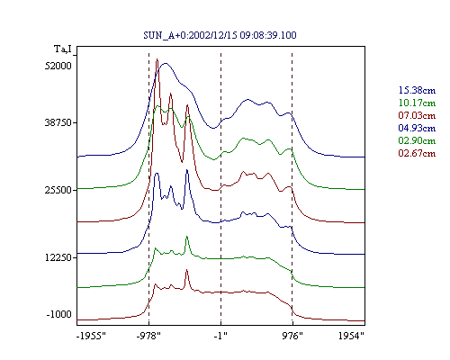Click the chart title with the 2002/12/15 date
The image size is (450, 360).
pyautogui.click(x=220, y=35)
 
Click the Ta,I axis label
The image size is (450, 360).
pyautogui.click(x=63, y=49)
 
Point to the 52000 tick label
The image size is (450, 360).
pyautogui.click(x=58, y=66)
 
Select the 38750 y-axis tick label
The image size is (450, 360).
pyautogui.click(x=58, y=122)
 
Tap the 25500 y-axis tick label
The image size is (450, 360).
pyautogui.click(x=58, y=190)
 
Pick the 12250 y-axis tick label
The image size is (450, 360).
pyautogui.click(x=58, y=257)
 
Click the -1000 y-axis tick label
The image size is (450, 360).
pyautogui.click(x=59, y=314)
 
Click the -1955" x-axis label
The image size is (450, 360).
pyautogui.click(x=92, y=336)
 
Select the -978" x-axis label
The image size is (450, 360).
pyautogui.click(x=148, y=336)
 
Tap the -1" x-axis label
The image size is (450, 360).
pyautogui.click(x=220, y=336)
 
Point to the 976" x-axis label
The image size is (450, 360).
pyautogui.click(x=292, y=336)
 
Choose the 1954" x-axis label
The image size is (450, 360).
pyautogui.click(x=351, y=336)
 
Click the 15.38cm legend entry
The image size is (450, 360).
pyautogui.click(x=417, y=90)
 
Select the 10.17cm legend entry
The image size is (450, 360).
pyautogui.click(x=417, y=103)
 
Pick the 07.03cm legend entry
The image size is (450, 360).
pyautogui.click(x=417, y=115)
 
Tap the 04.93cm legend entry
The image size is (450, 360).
pyautogui.click(x=417, y=128)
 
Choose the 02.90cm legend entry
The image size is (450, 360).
pyautogui.click(x=417, y=140)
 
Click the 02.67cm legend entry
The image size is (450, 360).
pyautogui.click(x=417, y=153)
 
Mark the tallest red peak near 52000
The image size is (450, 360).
pyautogui.click(x=157, y=59)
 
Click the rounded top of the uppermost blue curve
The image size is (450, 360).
pyautogui.click(x=165, y=63)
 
